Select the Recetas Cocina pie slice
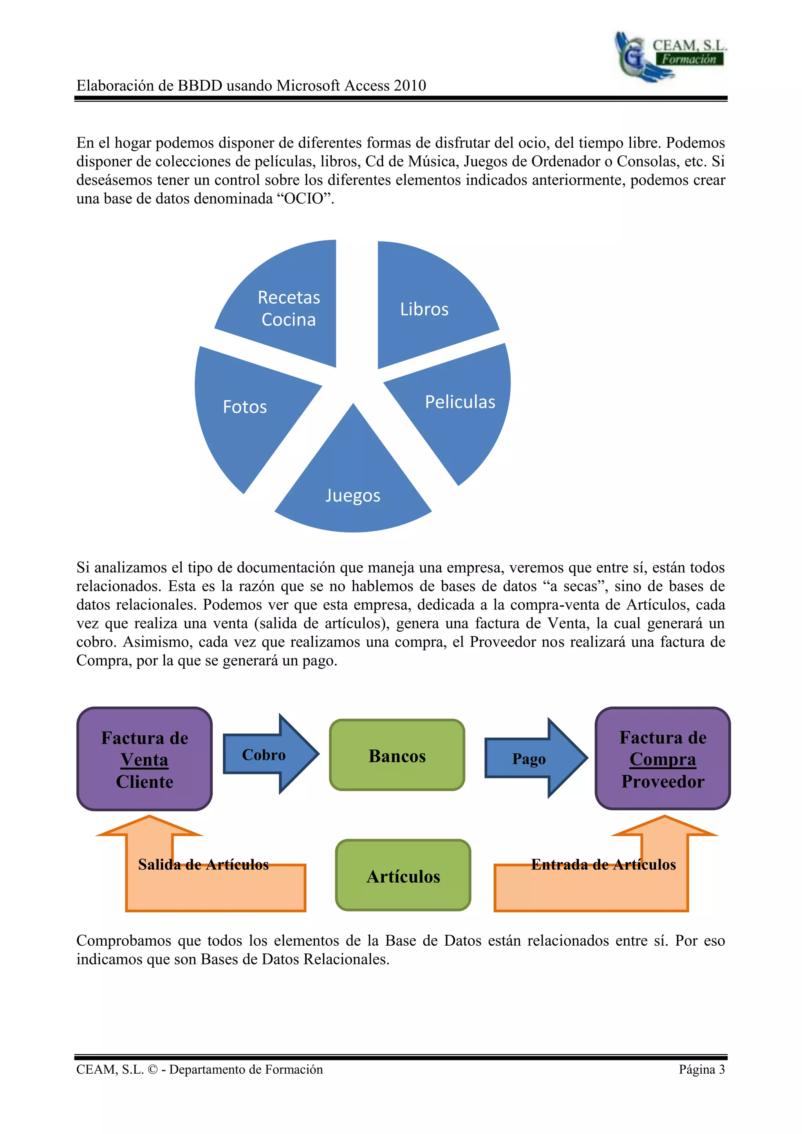click(x=289, y=309)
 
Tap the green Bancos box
click(x=397, y=756)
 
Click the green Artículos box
click(x=403, y=876)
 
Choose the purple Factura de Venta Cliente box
click(x=145, y=760)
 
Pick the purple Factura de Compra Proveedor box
click(x=663, y=759)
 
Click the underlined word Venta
click(x=144, y=760)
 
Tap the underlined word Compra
click(x=663, y=760)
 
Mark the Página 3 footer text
click(x=701, y=1069)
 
